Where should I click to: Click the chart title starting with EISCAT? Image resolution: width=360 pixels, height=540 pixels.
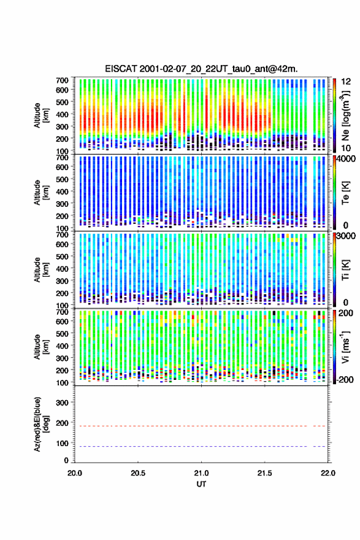click(201, 69)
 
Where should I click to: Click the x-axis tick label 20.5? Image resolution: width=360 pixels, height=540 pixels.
click(138, 473)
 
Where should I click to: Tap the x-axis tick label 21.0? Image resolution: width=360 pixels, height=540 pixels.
click(201, 473)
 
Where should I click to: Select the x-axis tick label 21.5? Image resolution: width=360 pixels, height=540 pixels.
click(265, 473)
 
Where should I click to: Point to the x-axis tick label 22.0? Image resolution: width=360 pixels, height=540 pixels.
click(328, 473)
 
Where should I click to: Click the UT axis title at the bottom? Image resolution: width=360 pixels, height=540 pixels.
click(201, 484)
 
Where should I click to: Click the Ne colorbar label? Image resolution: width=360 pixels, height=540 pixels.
click(345, 116)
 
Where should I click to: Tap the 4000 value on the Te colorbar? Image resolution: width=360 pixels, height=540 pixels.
click(347, 159)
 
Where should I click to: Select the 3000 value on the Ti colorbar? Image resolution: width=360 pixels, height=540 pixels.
click(347, 236)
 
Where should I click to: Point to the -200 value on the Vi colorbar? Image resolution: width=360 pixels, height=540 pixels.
click(345, 379)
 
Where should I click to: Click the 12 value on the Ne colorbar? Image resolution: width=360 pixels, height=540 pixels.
click(346, 82)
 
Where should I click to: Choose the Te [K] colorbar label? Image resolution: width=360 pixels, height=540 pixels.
click(345, 193)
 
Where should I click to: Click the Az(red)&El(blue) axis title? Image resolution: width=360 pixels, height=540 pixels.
click(41, 424)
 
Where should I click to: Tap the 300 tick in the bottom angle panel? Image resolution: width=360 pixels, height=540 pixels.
click(63, 403)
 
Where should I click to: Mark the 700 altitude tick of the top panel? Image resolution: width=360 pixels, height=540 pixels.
click(63, 80)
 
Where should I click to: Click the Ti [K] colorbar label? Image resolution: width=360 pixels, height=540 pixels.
click(345, 269)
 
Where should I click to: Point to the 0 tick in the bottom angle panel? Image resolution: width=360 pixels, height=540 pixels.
click(66, 460)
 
